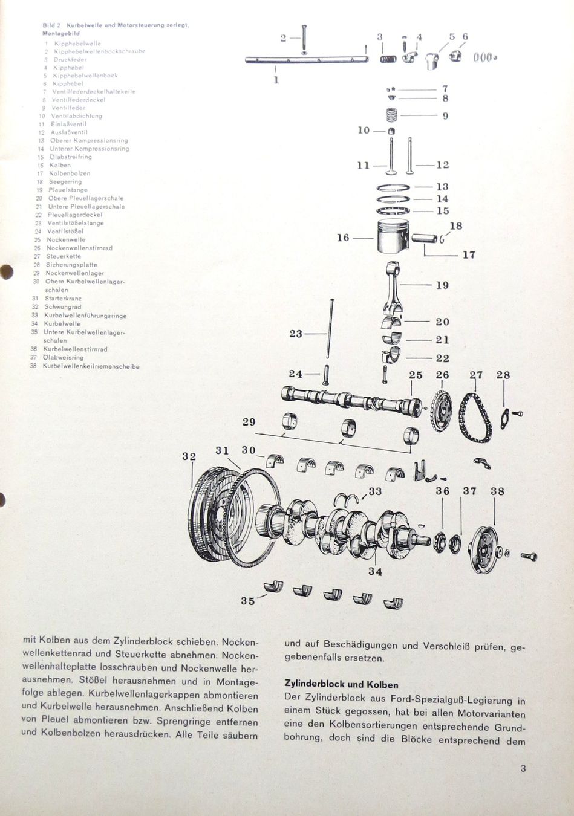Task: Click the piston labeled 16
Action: pos(393,238)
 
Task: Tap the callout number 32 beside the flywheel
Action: pos(189,457)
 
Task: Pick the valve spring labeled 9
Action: pos(393,115)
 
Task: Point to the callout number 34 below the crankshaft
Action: pos(376,572)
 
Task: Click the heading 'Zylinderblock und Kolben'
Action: pos(341,684)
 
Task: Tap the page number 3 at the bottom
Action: pos(523,769)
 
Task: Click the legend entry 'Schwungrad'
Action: pos(63,307)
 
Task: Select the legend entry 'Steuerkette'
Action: pos(64,256)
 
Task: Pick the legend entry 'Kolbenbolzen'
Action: pos(70,173)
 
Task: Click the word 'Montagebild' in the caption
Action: pos(61,34)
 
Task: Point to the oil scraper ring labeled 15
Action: pos(394,211)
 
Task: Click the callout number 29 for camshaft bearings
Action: pos(249,422)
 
